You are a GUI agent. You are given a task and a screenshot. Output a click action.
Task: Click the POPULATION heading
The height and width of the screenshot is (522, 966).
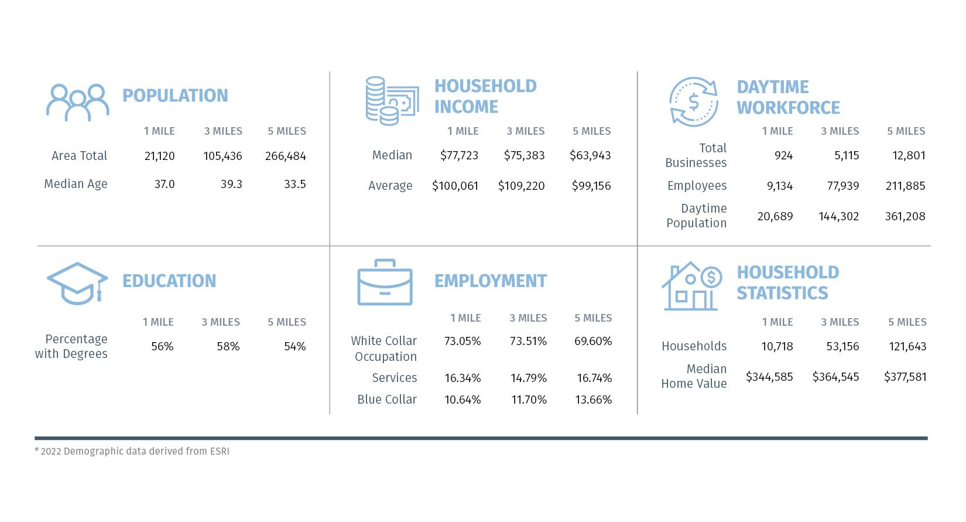tap(175, 95)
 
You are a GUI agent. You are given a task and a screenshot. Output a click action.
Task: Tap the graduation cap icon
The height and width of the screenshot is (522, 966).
tap(78, 284)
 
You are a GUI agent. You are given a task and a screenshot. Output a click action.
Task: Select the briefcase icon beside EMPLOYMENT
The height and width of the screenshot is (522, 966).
tap(385, 282)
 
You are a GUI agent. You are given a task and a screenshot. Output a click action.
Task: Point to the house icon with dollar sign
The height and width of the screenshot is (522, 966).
tap(692, 286)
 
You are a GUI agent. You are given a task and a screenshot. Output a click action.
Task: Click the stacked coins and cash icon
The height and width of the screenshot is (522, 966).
tap(392, 101)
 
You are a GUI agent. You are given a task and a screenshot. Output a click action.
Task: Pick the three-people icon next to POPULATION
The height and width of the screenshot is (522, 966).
tap(78, 103)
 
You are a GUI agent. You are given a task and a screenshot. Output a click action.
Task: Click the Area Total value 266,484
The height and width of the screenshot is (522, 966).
tap(286, 156)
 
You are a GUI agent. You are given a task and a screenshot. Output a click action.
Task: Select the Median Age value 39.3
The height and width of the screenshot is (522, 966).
tap(231, 184)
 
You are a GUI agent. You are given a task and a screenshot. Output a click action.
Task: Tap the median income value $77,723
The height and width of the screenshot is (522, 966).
tap(459, 155)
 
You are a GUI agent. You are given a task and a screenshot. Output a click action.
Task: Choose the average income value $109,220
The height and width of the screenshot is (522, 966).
tap(522, 186)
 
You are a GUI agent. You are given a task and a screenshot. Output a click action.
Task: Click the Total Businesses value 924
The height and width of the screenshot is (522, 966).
tap(783, 155)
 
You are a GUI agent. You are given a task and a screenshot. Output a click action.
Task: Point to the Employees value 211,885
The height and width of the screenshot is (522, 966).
tap(906, 186)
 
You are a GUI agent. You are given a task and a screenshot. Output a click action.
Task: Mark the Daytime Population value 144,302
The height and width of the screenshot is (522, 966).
tap(839, 216)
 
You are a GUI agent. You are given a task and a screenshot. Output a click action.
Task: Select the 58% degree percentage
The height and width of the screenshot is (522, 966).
tap(228, 346)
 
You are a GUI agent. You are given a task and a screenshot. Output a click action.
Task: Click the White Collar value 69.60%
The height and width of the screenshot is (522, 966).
tap(593, 341)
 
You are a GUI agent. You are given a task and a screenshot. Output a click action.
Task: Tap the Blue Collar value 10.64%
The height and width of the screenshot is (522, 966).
tap(463, 400)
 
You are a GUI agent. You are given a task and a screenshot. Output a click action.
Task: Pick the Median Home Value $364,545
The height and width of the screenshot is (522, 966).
tap(836, 377)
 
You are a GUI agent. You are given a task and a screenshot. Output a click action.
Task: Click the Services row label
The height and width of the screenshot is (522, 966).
tap(395, 378)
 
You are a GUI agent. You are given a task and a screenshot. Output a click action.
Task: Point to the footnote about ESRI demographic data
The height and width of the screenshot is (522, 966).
tap(132, 451)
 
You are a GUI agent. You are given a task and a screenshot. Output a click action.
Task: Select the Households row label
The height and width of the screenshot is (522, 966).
tap(694, 346)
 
